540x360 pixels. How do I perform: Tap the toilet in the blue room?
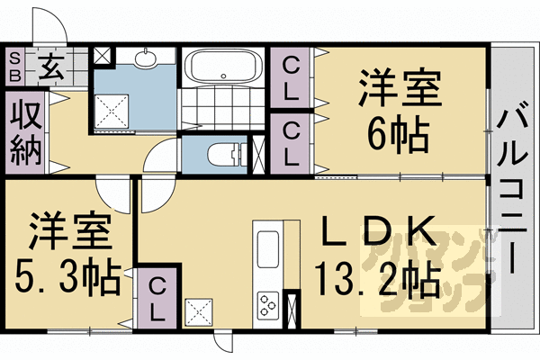coord(228,155)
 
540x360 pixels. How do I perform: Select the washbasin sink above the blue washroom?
coord(146,58)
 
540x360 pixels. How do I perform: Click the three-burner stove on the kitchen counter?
coord(269,304)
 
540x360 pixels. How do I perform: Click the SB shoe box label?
coord(14,67)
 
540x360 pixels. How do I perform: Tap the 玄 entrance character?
coord(50,67)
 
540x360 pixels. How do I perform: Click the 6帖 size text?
coord(399,136)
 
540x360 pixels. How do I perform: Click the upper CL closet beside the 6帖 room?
coord(292,78)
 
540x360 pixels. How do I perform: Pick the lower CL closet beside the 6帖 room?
coord(292,144)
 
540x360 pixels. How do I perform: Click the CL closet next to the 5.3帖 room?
coord(157,299)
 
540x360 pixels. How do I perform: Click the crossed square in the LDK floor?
coord(199,311)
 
